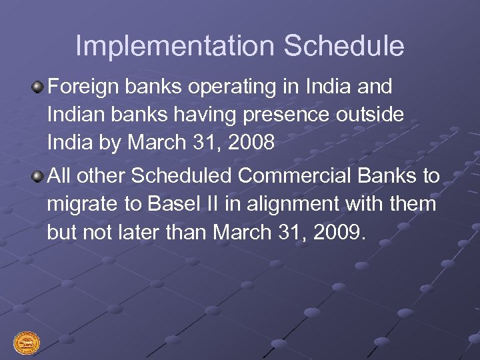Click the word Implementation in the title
pos(175,47)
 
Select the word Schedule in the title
pos(343,47)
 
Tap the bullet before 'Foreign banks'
pos(39,87)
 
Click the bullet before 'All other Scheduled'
pos(39,176)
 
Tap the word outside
pos(370,115)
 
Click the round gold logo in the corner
pos(27,343)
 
